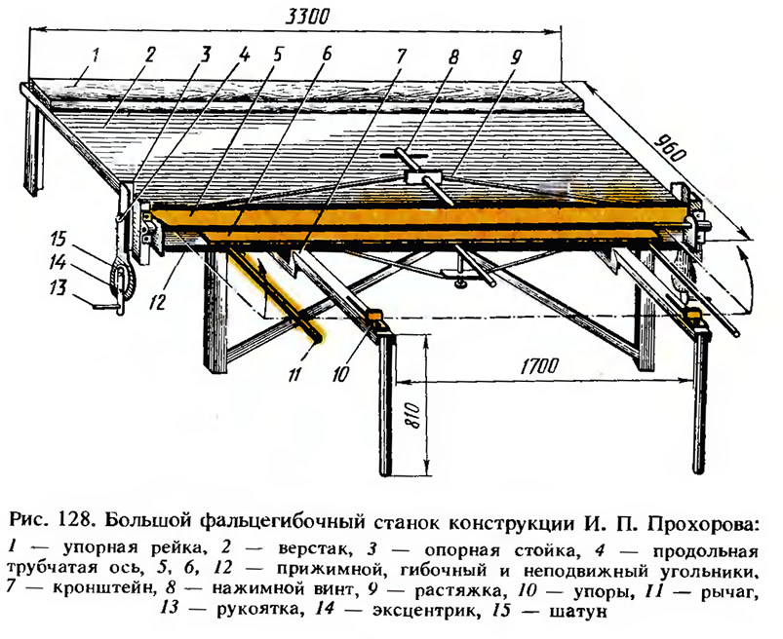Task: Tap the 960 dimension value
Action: (x=669, y=148)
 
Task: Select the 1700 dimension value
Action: (x=539, y=366)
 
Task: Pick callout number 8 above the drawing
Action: (x=452, y=56)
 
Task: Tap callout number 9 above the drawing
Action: (x=515, y=56)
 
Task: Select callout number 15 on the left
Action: (x=58, y=239)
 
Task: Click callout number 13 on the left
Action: (x=58, y=287)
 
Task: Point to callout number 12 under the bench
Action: (x=158, y=301)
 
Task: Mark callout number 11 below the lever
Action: (x=294, y=374)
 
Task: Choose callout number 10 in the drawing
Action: (x=340, y=374)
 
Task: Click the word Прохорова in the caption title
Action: (x=704, y=524)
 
